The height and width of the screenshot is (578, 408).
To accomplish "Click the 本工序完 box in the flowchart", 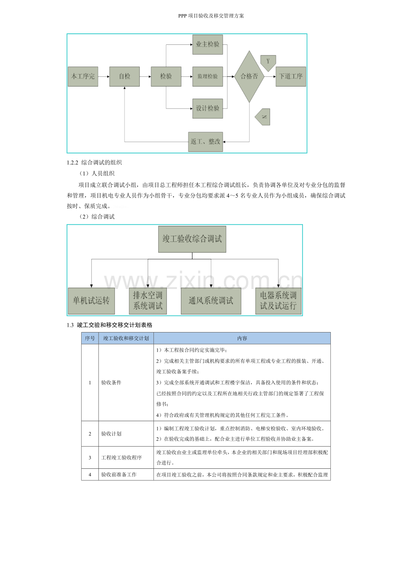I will [x=83, y=76].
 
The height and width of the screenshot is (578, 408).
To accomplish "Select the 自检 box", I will [x=125, y=76].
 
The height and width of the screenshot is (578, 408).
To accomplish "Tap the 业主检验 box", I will [x=208, y=44].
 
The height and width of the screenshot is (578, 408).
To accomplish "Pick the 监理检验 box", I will [x=208, y=76].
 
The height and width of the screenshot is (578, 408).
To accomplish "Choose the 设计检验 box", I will [x=208, y=108].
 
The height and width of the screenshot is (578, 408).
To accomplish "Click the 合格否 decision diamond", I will [x=249, y=76].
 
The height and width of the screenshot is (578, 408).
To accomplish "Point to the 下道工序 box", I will [x=291, y=76].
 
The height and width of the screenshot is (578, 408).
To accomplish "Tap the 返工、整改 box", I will [x=205, y=142].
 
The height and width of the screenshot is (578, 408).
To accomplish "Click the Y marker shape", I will [x=268, y=62].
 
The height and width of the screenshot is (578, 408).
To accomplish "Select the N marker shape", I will [x=263, y=117].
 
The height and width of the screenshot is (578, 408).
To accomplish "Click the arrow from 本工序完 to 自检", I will [x=104, y=76].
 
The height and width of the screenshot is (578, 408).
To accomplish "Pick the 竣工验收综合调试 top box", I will [x=192, y=239].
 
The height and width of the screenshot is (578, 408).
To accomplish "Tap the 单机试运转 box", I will [x=91, y=301].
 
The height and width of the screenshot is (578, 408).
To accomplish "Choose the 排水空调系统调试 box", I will [x=148, y=301].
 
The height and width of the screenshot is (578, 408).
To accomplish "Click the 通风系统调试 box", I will [x=211, y=301].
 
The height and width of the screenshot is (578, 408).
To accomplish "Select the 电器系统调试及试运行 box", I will [x=278, y=301].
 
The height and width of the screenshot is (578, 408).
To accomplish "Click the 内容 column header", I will [x=242, y=338].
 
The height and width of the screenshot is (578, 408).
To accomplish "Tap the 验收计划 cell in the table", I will [x=111, y=434].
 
